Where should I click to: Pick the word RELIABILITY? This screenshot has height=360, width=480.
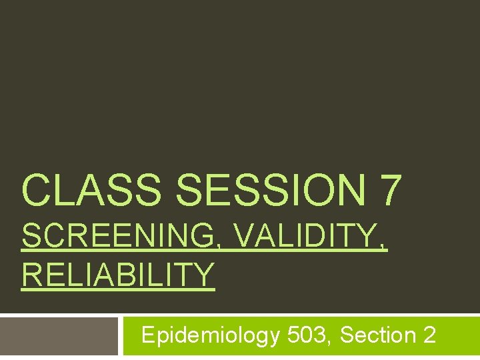coord(118,275)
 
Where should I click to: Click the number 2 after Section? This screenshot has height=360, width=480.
coord(429,334)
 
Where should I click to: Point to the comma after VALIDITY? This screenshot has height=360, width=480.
coord(382,246)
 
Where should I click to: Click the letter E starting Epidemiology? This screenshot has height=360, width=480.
coord(149,334)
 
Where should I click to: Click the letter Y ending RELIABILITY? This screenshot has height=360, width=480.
coord(205,275)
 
